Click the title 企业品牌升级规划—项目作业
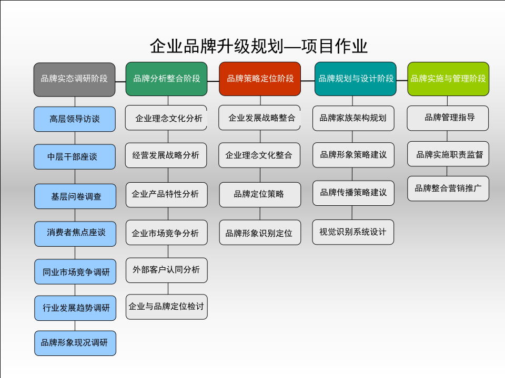pos(258,47)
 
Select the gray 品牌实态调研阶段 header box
pos(74,79)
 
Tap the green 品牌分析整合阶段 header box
pos(166,79)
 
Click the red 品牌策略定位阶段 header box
pos(260,79)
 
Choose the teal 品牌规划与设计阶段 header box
pos(355,79)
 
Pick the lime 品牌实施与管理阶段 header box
pos(448,79)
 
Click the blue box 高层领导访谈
pos(75,119)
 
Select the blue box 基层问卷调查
pos(75,196)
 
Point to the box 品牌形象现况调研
pos(75,343)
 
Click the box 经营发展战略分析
pos(166,155)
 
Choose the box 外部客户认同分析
pos(166,270)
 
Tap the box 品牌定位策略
pos(260,194)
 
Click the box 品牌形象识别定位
pos(260,233)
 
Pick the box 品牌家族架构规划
pos(353,118)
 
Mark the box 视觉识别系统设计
pos(353,232)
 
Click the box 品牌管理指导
pos(448,118)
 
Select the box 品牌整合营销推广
pos(448,188)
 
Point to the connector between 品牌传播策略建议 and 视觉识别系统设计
pos(352,212)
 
